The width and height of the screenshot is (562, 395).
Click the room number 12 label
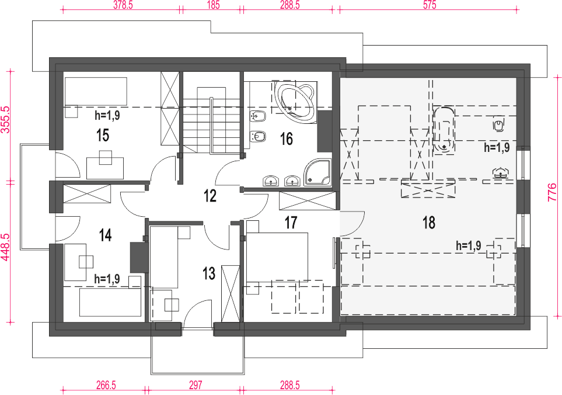coord(210,196)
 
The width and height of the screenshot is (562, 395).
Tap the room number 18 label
coord(429,223)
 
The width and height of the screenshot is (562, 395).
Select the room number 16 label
coord(287,139)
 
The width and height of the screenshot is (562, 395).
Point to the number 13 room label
coord(208,273)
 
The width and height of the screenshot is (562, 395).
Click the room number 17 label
coord(291,223)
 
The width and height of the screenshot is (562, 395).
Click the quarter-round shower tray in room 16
coord(317,172)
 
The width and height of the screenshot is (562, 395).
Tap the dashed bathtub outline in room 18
coord(444,130)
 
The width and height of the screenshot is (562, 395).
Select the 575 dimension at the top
coord(430,5)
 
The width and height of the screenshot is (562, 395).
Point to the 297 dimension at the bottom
coord(196,385)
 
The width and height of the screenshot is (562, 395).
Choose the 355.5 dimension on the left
coord(5,119)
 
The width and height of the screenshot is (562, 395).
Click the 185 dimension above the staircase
coord(213,5)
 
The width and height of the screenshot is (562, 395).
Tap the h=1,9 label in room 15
coord(107,115)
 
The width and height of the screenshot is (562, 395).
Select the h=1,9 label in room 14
coord(107,279)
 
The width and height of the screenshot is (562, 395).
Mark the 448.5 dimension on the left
coord(5,247)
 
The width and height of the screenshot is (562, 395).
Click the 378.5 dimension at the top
coord(123,5)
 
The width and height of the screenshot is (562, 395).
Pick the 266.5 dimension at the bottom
coord(106,385)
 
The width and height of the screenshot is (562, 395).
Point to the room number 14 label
coord(106,235)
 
